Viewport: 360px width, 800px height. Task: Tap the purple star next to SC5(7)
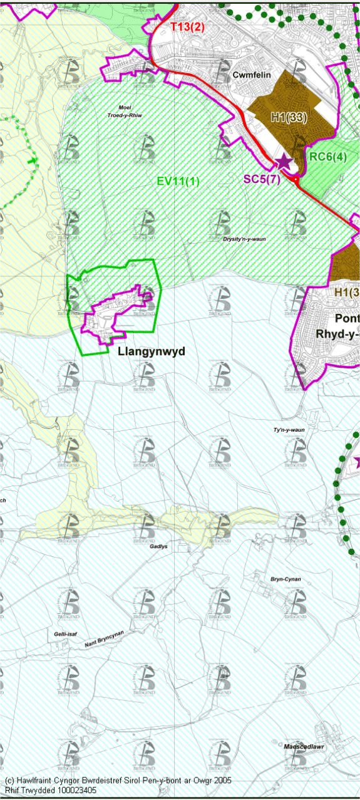(x=284, y=162)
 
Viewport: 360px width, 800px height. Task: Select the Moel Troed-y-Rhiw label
(x=128, y=110)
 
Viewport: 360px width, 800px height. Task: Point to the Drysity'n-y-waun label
(x=249, y=239)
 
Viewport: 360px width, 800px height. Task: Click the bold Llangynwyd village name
(x=152, y=351)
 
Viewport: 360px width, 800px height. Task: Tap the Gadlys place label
(x=159, y=546)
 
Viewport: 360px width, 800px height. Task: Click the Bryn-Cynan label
(x=286, y=579)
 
